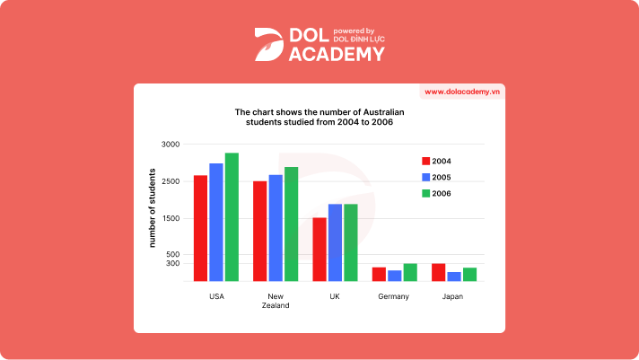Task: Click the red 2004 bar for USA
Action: pos(200,228)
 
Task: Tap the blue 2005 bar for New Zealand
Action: pos(276,228)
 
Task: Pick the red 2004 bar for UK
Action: pos(319,249)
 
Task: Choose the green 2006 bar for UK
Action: pos(351,242)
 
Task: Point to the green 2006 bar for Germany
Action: pos(410,272)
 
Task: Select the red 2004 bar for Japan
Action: pos(438,272)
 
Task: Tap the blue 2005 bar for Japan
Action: pos(454,277)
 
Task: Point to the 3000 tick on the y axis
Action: pos(171,145)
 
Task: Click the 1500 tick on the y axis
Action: pos(171,219)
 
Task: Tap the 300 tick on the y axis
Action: pos(172,264)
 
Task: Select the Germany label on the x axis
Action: pos(394,296)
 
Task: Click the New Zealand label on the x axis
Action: pos(276,301)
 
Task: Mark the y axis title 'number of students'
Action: pos(153,208)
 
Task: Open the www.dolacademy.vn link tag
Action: pos(461,92)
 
